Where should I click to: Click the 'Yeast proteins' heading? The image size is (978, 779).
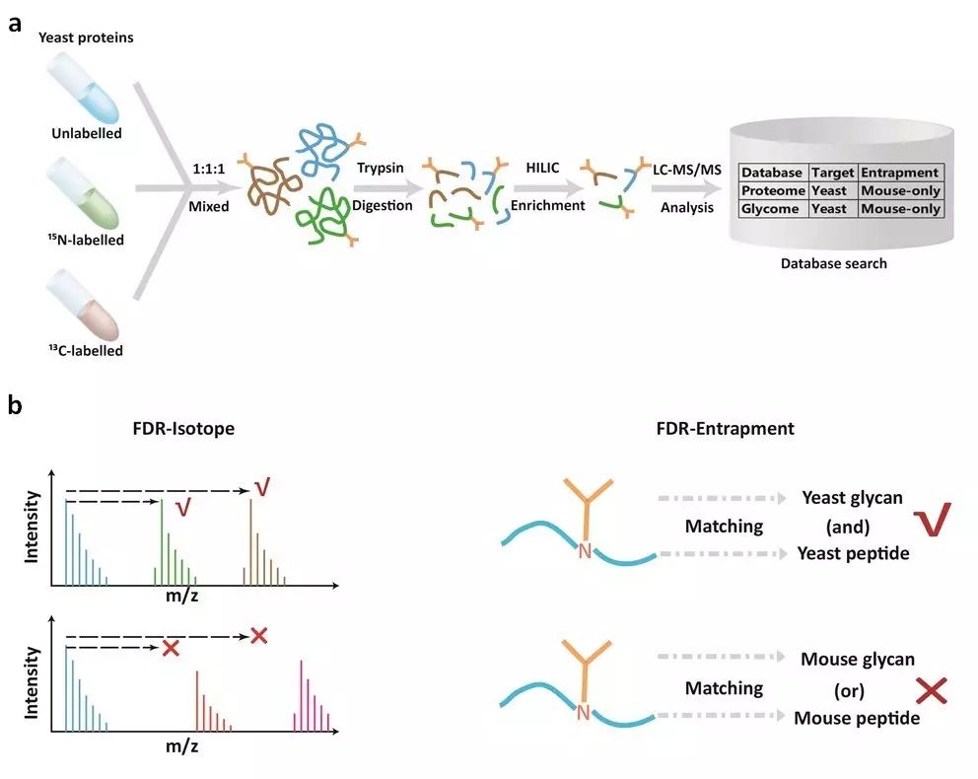86,37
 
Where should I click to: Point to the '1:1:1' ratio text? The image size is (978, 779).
208,169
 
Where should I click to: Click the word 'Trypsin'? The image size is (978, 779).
381,169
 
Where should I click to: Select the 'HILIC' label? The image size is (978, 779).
542,168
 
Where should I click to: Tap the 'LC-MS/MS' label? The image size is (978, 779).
687,170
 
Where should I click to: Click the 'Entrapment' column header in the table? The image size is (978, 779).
900,173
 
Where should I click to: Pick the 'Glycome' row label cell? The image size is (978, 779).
770,209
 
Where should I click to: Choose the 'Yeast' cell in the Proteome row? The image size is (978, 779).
829,191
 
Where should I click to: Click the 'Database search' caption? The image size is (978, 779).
833,263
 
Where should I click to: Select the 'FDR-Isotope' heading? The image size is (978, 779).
183,429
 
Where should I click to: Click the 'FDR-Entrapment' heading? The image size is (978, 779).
726,429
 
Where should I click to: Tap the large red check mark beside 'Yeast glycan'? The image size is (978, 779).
933,519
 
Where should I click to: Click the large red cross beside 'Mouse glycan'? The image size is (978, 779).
932,690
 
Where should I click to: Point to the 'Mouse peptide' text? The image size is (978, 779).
857,718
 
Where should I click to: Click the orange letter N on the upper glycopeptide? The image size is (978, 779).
585,551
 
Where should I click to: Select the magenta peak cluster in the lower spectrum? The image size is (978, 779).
312,695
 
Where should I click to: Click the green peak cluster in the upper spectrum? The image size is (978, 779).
175,542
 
